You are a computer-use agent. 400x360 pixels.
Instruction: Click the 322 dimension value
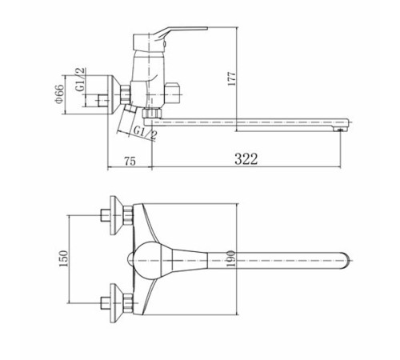246,159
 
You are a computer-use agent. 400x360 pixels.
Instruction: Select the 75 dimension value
130,162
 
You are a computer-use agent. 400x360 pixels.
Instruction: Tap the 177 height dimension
232,78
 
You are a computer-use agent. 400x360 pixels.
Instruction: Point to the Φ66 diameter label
59,94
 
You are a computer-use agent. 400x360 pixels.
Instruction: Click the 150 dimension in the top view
64,258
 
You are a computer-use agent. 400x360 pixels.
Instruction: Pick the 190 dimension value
231,258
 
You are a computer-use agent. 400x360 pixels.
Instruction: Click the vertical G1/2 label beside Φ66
80,79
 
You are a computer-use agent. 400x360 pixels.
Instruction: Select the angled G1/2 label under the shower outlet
145,133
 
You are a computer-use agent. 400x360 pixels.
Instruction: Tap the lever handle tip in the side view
206,28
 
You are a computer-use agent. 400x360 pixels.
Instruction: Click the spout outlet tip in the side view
340,130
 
